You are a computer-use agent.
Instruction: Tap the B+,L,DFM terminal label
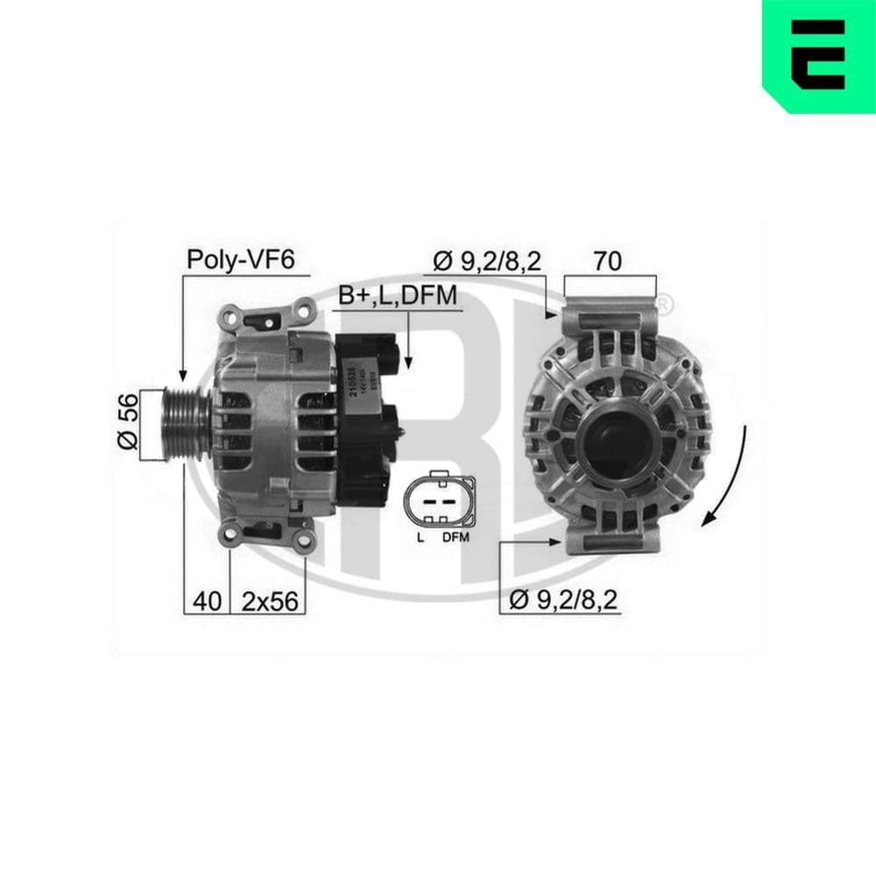[x=399, y=296]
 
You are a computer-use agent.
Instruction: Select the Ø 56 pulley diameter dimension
[x=128, y=423]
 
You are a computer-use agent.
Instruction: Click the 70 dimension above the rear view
[x=610, y=259]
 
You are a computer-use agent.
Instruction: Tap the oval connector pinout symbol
[x=439, y=502]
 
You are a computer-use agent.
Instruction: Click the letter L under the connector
[x=420, y=538]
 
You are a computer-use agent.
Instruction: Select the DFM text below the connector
[x=456, y=538]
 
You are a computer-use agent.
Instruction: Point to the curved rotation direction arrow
[x=730, y=477]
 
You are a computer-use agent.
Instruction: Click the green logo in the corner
[x=819, y=56]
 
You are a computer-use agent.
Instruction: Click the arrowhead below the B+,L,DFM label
[x=407, y=360]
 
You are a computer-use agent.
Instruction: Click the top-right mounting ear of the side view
[x=302, y=309]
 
